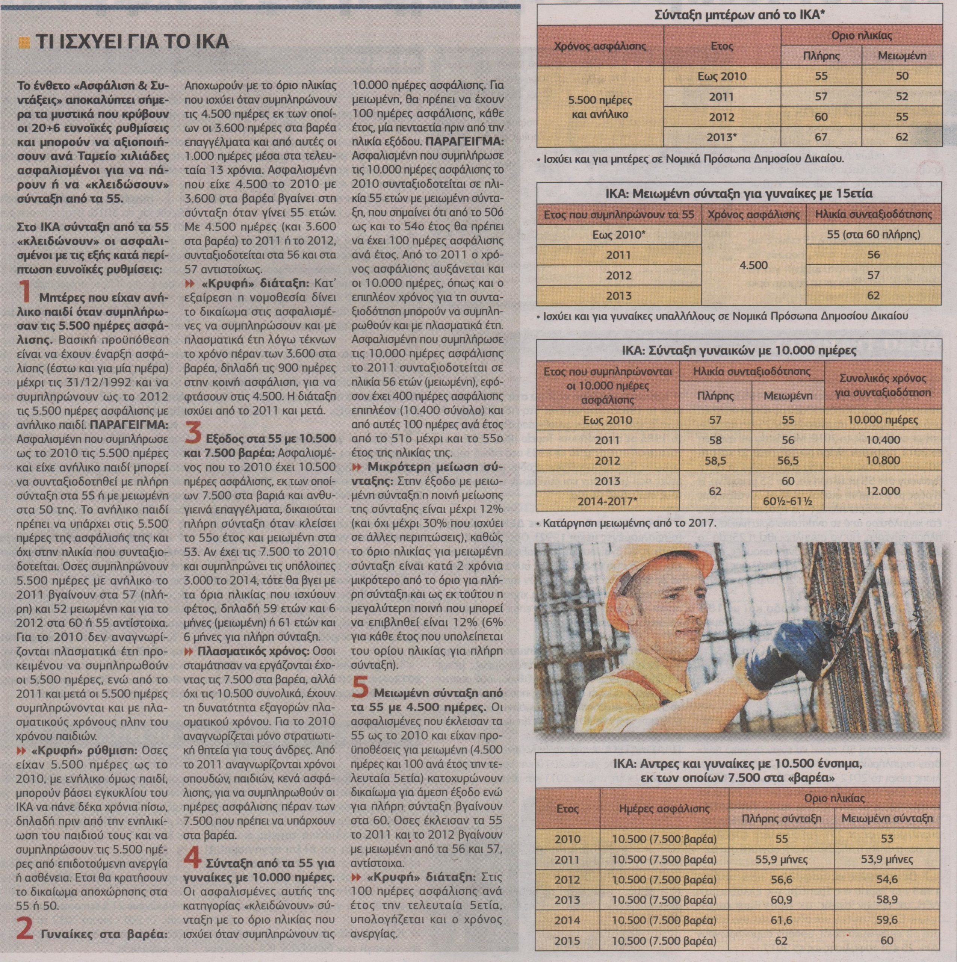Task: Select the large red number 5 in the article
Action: (x=360, y=687)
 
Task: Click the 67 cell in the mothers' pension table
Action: (x=821, y=137)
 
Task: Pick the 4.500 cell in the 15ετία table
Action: (x=754, y=265)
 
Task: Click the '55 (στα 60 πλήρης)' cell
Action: (x=873, y=234)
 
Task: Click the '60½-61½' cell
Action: (x=788, y=501)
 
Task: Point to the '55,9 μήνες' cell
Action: (x=781, y=859)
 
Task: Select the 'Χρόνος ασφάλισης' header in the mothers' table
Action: (x=600, y=46)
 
